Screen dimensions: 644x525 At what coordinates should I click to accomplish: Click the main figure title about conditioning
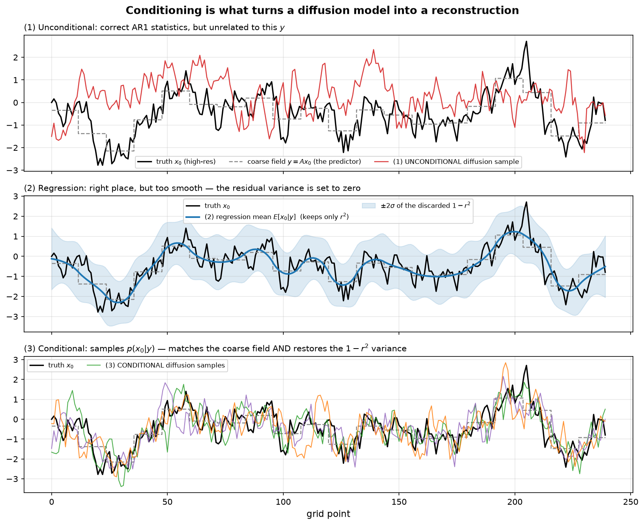pyautogui.click(x=322, y=10)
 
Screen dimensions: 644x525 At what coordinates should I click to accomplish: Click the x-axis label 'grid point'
pyautogui.click(x=328, y=514)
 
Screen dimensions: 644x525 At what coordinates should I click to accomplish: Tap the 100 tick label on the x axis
pyautogui.click(x=283, y=502)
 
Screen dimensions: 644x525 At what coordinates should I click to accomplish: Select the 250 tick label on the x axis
pyautogui.click(x=630, y=502)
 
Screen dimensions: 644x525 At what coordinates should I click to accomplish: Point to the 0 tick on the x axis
pyautogui.click(x=51, y=502)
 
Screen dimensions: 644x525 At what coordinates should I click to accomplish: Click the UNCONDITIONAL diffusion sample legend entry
pyautogui.click(x=447, y=162)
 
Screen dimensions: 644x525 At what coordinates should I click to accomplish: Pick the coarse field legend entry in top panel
pyautogui.click(x=295, y=162)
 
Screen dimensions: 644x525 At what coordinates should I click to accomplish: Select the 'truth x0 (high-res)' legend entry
pyautogui.click(x=176, y=162)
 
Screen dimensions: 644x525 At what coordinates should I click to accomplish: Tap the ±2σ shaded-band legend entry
pyautogui.click(x=416, y=206)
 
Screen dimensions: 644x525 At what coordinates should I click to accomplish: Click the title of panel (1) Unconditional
pyautogui.click(x=154, y=28)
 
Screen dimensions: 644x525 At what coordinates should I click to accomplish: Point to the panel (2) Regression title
pyautogui.click(x=192, y=188)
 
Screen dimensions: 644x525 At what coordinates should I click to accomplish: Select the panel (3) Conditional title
pyautogui.click(x=215, y=349)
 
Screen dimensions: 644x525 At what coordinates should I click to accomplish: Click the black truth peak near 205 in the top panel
pyautogui.click(x=526, y=41)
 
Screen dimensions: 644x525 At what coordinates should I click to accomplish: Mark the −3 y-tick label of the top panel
pyautogui.click(x=15, y=171)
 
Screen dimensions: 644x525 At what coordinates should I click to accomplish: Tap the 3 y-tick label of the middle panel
pyautogui.click(x=18, y=196)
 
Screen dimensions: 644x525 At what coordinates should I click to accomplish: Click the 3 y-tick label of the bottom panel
pyautogui.click(x=18, y=360)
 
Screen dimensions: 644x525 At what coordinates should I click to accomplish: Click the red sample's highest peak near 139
pyautogui.click(x=373, y=50)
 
